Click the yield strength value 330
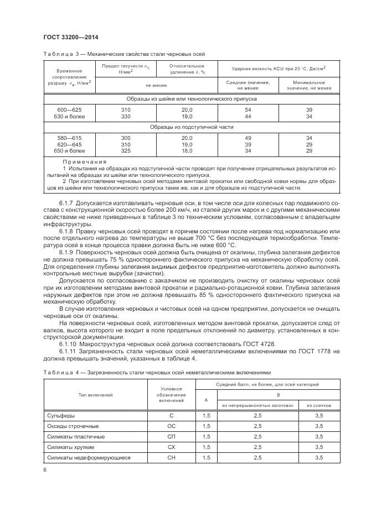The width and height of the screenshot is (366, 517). (126, 116)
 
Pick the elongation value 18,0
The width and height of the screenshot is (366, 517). (187, 150)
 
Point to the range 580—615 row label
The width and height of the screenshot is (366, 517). (70, 137)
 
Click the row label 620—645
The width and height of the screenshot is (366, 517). (70, 144)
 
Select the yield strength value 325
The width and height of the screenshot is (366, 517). (126, 150)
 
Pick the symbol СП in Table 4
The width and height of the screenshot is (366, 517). (171, 436)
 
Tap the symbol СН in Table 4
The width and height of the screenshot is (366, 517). (171, 457)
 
